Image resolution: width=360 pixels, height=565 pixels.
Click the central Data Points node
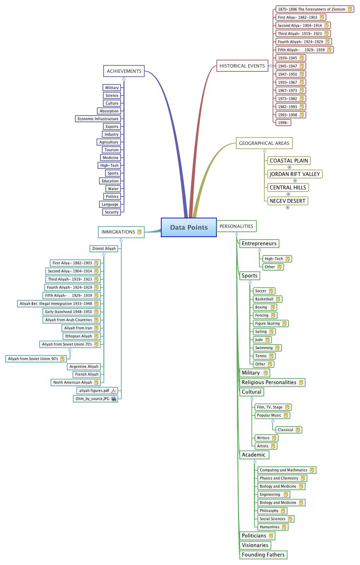[188, 227]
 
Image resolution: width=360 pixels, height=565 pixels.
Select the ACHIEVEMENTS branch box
[124, 71]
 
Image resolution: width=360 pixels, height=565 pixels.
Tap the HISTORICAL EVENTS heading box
[242, 66]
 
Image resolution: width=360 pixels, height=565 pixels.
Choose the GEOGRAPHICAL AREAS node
[264, 143]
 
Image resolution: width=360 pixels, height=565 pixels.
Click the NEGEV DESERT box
[287, 201]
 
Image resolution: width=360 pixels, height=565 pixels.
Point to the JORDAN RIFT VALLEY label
[295, 174]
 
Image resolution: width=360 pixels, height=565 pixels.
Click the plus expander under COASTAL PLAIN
[289, 167]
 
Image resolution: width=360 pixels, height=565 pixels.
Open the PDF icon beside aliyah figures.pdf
[114, 390]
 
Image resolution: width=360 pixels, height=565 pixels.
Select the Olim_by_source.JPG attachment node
[92, 399]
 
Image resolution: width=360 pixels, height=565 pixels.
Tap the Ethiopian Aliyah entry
[79, 336]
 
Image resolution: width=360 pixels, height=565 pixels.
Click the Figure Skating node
[267, 323]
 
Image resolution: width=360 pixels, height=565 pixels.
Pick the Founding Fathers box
[263, 555]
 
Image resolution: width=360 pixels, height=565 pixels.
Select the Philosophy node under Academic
[269, 511]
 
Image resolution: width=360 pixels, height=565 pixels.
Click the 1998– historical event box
[283, 123]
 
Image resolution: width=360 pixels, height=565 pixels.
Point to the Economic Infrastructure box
[98, 119]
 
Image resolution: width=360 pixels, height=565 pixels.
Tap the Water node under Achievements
[113, 189]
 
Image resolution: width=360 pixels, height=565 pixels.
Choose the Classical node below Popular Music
[285, 430]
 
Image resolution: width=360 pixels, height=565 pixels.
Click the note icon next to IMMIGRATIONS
[140, 232]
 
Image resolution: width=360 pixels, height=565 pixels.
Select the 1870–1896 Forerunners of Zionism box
[312, 9]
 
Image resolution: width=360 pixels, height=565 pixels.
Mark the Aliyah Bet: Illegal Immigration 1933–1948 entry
[56, 304]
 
